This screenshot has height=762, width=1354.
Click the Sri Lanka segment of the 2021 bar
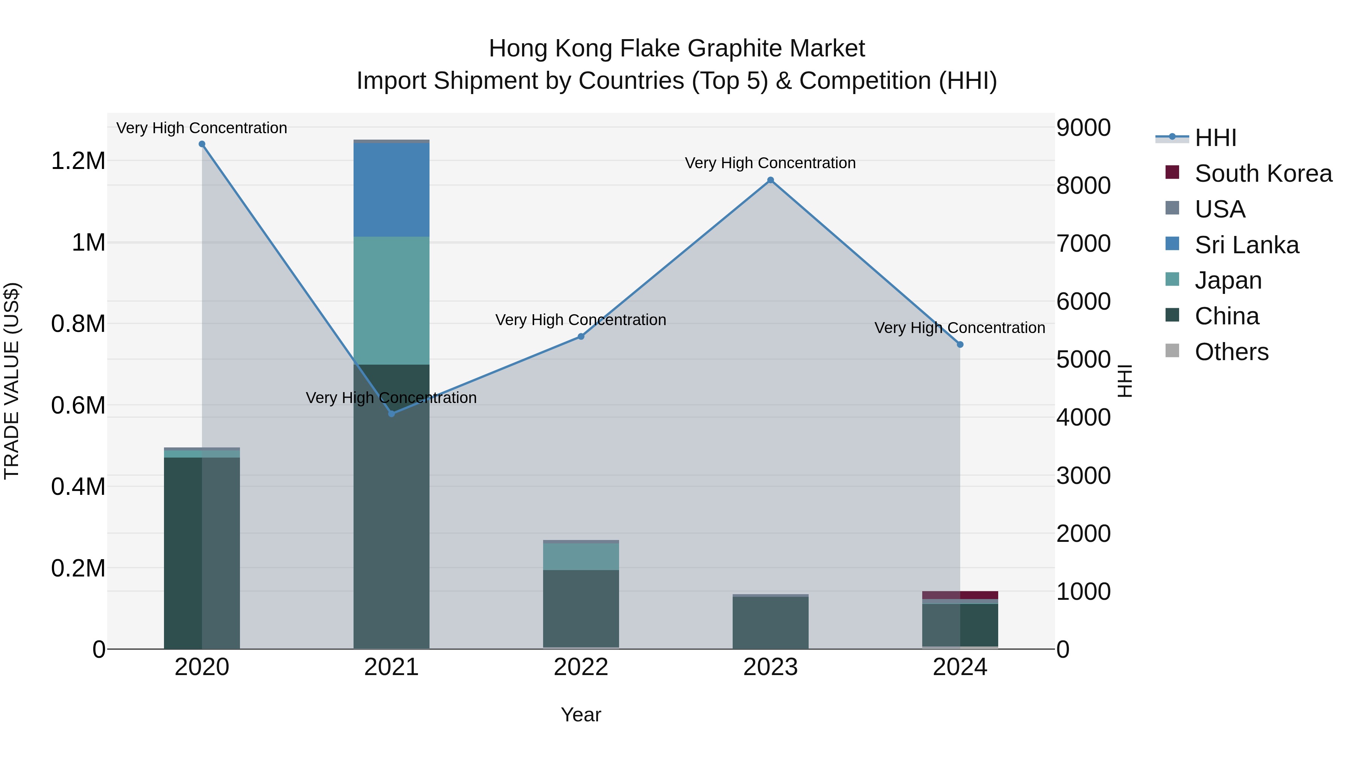pos(391,189)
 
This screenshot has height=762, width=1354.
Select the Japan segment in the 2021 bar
pos(391,300)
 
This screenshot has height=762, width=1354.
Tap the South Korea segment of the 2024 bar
pos(960,595)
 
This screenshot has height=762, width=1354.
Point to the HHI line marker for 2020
pos(202,144)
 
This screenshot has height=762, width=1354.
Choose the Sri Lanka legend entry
pos(1246,245)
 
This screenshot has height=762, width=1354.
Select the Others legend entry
pos(1231,352)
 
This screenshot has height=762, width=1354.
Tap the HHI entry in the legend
pos(1215,138)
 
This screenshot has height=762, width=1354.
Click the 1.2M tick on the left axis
pos(78,161)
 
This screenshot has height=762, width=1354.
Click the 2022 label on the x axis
pos(581,667)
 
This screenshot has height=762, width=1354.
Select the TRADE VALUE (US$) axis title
pos(12,381)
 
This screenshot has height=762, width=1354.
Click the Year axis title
pos(581,715)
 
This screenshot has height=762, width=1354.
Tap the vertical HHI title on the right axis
pos(1124,381)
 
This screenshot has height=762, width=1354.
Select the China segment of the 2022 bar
pos(581,608)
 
